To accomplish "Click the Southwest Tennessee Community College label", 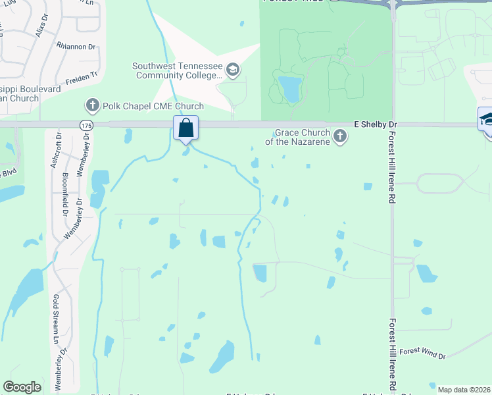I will coord(177,70).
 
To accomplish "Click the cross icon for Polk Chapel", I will coord(92,105).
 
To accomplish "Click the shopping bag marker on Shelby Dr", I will coord(186,128).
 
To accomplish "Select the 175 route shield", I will coord(86,124).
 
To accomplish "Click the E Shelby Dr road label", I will coord(376,124).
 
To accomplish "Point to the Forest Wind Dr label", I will coord(422,354).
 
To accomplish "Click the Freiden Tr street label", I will coord(81,75).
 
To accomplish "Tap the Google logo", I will coord(22,387).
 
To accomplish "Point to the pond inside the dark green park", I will coord(289,89).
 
